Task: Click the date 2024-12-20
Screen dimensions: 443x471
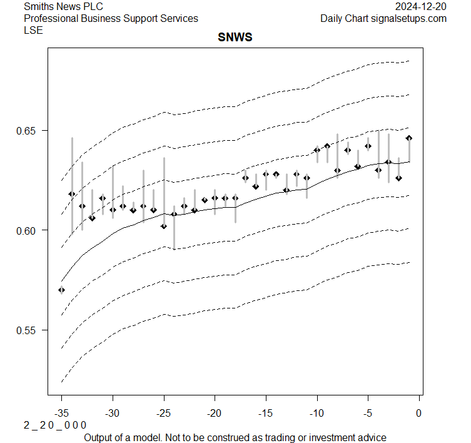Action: (x=421, y=7)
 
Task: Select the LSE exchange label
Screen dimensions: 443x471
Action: (x=33, y=30)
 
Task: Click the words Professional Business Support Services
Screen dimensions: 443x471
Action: (x=111, y=19)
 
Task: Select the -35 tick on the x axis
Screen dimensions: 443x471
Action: (x=61, y=413)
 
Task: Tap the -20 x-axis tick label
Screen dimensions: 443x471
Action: (x=215, y=413)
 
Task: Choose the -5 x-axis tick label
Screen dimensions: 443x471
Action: (x=368, y=413)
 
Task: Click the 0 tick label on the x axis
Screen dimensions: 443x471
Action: (x=419, y=413)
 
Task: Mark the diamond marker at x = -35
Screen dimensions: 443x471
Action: (x=61, y=290)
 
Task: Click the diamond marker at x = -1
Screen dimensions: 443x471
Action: (x=409, y=138)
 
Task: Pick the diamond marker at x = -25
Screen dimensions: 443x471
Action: (x=164, y=226)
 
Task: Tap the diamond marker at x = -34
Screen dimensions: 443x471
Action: (x=72, y=194)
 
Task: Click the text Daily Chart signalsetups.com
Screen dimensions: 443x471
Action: (x=383, y=19)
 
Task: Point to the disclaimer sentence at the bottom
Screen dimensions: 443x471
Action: (x=235, y=437)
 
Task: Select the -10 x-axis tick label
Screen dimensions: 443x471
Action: (x=317, y=413)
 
